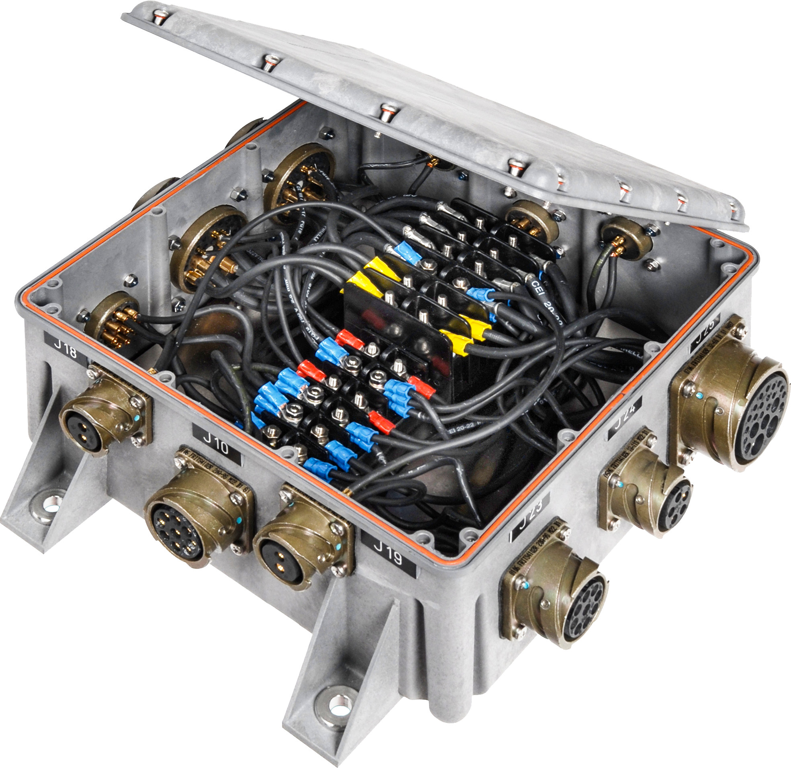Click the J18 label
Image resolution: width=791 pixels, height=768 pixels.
pos(66,350)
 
